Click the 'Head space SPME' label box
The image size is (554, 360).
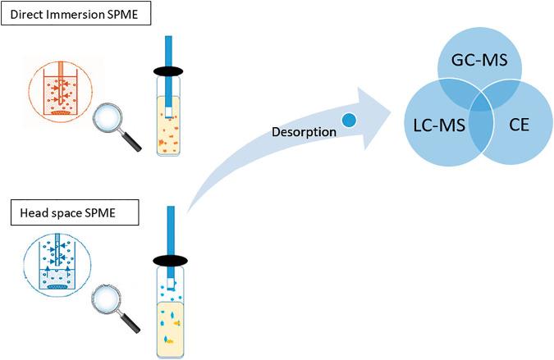coord(71,216)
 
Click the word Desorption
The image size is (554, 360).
coord(304,131)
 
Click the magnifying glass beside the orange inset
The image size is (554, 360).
coord(114,125)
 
